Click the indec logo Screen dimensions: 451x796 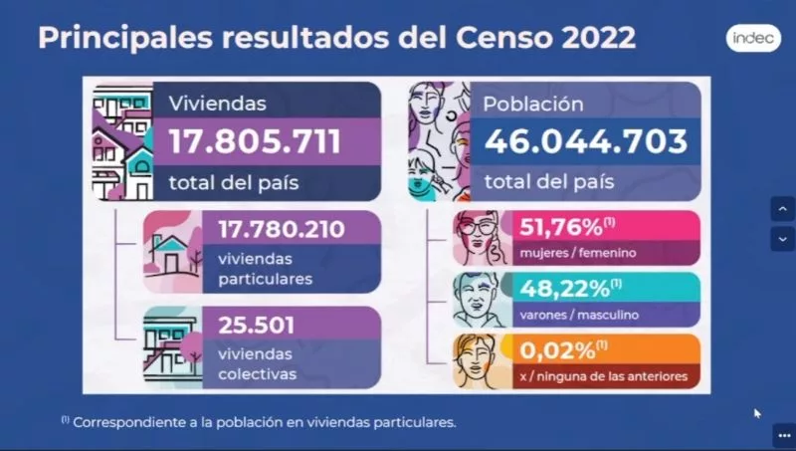pos(745,38)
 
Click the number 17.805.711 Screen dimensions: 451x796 pos(255,140)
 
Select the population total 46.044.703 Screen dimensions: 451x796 pos(585,140)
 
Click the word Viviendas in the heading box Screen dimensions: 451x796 pos(218,103)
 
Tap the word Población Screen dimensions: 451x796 pos(533,103)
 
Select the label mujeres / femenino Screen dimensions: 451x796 pos(578,253)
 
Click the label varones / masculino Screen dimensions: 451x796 pos(579,315)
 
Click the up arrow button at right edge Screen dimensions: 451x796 pos(782,209)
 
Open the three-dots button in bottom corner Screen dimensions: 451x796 pos(782,435)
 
